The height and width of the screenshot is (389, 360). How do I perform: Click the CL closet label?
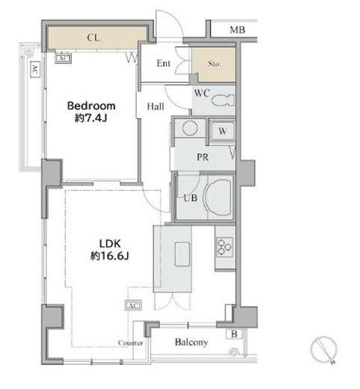94,37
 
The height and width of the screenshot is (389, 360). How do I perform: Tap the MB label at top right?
237,30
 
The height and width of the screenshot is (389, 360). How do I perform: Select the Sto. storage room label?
214,64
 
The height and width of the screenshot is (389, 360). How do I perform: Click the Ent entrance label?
163,64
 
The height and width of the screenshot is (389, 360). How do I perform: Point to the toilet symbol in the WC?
223,100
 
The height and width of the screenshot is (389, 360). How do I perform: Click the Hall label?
156,106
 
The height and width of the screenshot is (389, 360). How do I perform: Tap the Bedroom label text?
91,105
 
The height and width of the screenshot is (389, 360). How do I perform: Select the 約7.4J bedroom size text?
91,118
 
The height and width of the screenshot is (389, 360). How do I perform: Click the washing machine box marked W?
222,131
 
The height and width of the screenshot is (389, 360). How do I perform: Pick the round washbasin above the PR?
190,128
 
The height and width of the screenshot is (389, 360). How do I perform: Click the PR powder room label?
203,157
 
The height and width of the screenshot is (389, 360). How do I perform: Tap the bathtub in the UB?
217,198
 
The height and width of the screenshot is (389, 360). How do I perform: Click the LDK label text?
110,244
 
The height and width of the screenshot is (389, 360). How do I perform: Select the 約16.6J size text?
110,256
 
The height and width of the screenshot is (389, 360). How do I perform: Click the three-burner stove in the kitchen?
225,247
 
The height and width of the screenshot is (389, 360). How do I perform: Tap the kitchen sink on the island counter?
183,254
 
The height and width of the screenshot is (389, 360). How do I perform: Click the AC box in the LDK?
133,305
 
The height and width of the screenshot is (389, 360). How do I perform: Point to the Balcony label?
192,343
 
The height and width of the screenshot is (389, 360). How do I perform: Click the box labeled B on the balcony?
234,334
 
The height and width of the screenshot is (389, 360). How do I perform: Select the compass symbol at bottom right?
324,349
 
